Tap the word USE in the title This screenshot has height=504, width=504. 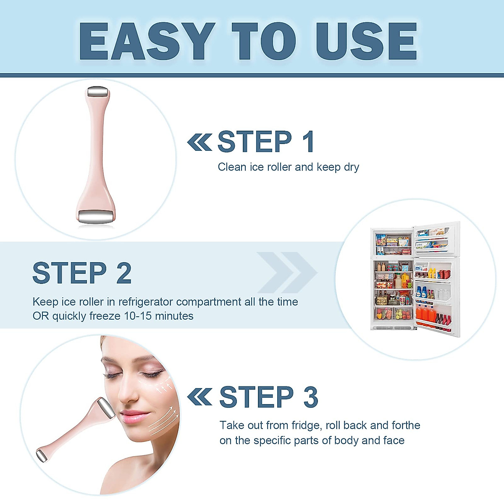pos(367,41)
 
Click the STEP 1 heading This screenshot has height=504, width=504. pos(266,142)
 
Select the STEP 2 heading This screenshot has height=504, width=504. pos(82,273)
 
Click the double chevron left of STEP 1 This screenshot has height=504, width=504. pos(199,142)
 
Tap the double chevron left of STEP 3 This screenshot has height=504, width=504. pos(199,397)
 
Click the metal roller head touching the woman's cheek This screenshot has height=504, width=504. pos(105,408)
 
